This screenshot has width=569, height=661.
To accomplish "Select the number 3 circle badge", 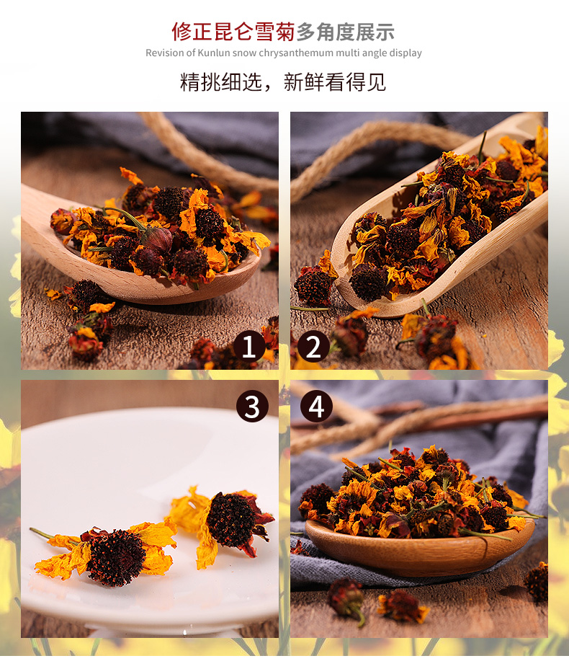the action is [252, 407].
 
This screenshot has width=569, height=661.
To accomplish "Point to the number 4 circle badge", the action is [316, 407].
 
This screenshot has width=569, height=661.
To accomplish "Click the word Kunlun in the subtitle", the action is [214, 53].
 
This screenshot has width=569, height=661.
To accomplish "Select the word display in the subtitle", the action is [406, 53].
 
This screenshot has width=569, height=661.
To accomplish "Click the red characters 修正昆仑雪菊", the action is [233, 32].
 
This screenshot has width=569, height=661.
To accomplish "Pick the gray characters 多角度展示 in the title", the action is [345, 32].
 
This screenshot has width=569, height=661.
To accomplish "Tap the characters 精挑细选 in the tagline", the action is [220, 81].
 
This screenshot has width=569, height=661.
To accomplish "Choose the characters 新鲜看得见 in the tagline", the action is [335, 81].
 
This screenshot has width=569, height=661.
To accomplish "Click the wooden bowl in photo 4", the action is [418, 549].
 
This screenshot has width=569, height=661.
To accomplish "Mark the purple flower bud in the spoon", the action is [157, 239].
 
